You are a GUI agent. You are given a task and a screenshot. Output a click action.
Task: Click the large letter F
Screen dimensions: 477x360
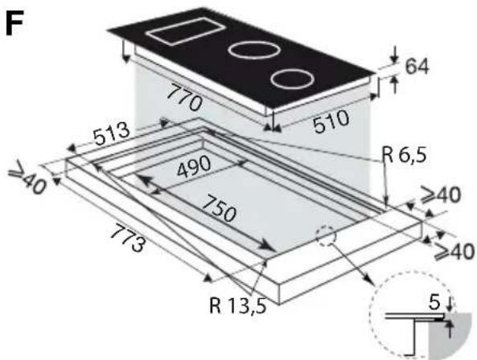(14, 23)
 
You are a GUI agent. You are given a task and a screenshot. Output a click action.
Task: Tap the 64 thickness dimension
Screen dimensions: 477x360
(417, 66)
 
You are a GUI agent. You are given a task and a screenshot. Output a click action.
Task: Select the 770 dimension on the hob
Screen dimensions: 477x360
(184, 96)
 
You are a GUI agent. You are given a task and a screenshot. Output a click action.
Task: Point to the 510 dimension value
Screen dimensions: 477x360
(331, 121)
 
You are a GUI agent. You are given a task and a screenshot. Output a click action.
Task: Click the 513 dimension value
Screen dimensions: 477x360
(111, 135)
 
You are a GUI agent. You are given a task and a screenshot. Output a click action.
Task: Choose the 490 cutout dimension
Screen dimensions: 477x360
(194, 166)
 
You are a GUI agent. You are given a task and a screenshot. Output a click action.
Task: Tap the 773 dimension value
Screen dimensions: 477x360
(128, 239)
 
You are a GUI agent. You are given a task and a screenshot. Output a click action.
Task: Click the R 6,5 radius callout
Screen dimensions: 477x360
(404, 155)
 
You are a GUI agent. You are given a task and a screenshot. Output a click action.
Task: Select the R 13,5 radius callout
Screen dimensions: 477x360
(238, 305)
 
